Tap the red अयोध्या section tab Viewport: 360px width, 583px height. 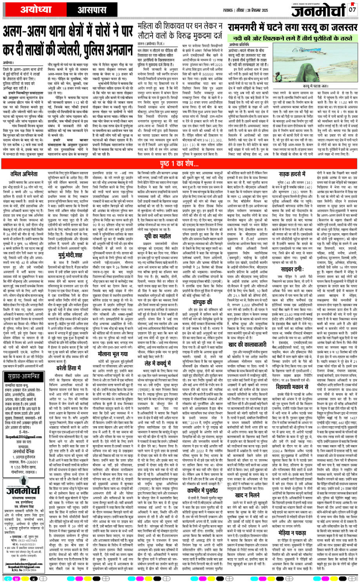(26, 9)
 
